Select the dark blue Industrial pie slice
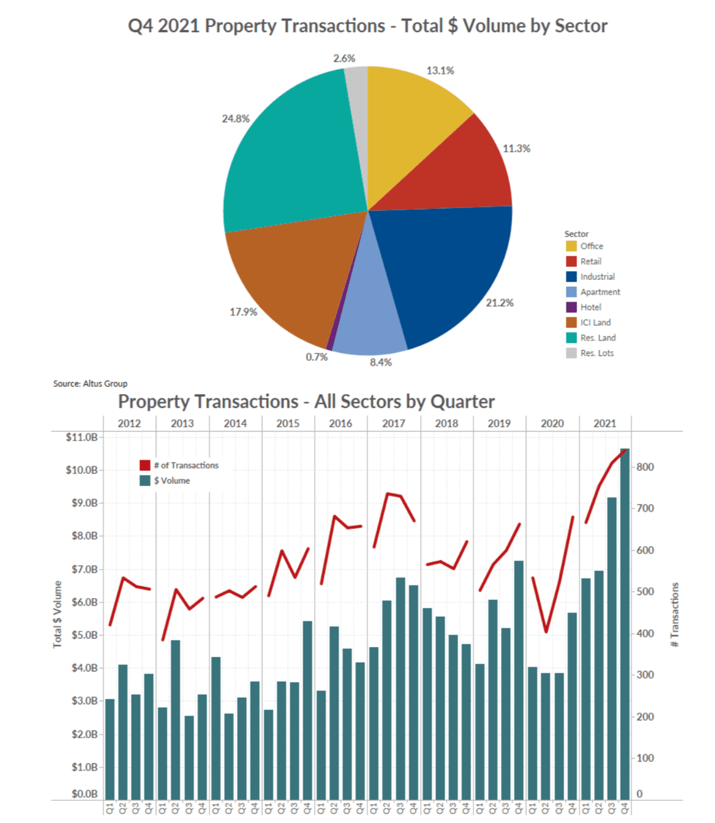pos(447,268)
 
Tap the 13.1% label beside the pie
pos(440,70)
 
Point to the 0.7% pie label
pos(316,357)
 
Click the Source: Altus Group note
pos(90,383)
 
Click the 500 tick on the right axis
pos(645,592)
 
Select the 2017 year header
pos(393,423)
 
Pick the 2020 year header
pos(552,423)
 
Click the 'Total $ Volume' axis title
pos(57,614)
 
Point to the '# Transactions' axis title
pos(674,614)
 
